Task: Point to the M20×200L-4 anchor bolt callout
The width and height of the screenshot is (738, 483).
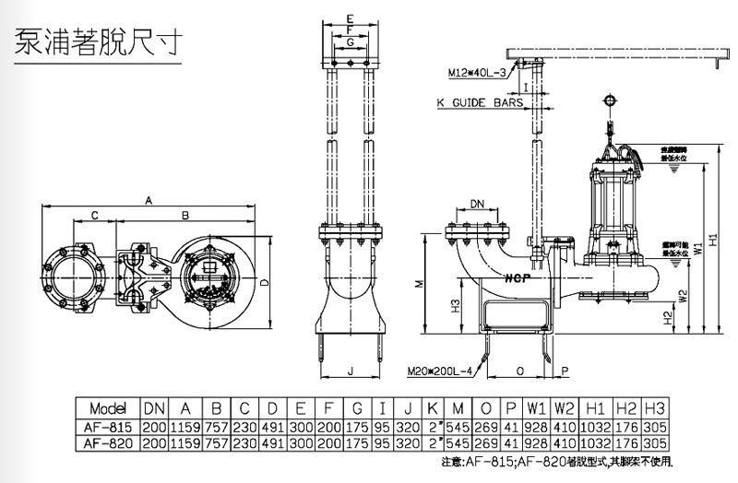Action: pyautogui.click(x=441, y=371)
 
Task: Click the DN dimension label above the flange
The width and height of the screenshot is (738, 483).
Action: pyautogui.click(x=478, y=204)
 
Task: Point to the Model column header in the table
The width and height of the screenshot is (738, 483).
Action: pyautogui.click(x=107, y=408)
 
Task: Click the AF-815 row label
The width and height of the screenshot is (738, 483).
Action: pyautogui.click(x=107, y=427)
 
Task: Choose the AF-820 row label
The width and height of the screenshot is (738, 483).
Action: pyautogui.click(x=107, y=442)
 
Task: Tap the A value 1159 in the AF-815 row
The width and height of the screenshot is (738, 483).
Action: pyautogui.click(x=185, y=427)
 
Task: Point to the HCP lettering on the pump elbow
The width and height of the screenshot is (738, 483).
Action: pyautogui.click(x=517, y=274)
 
